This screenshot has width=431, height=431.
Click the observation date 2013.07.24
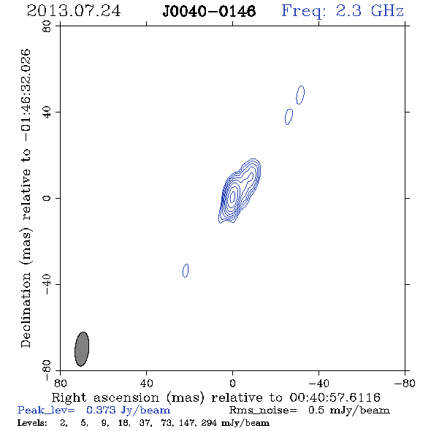[74, 11]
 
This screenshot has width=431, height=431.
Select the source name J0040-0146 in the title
[209, 11]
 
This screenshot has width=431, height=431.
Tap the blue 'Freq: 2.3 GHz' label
[343, 11]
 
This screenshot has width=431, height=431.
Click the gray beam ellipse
[82, 348]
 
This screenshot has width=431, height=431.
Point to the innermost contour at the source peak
[233, 196]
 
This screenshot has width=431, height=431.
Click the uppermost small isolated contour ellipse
[300, 95]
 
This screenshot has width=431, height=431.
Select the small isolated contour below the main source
[186, 270]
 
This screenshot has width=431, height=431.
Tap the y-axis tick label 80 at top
[47, 26]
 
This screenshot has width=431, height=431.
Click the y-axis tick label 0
[47, 198]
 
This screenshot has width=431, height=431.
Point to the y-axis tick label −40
[47, 284]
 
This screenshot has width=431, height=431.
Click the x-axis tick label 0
[232, 383]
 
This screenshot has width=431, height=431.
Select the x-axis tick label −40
[319, 383]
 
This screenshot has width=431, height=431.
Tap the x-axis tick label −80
[405, 383]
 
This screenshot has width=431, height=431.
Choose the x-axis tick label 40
[146, 383]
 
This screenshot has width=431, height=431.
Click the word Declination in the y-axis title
[26, 310]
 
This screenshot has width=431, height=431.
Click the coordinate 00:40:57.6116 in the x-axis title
[335, 397]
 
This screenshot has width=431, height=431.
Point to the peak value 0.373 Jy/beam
[128, 411]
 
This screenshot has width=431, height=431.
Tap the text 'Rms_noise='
[263, 411]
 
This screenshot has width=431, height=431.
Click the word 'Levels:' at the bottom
[32, 423]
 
